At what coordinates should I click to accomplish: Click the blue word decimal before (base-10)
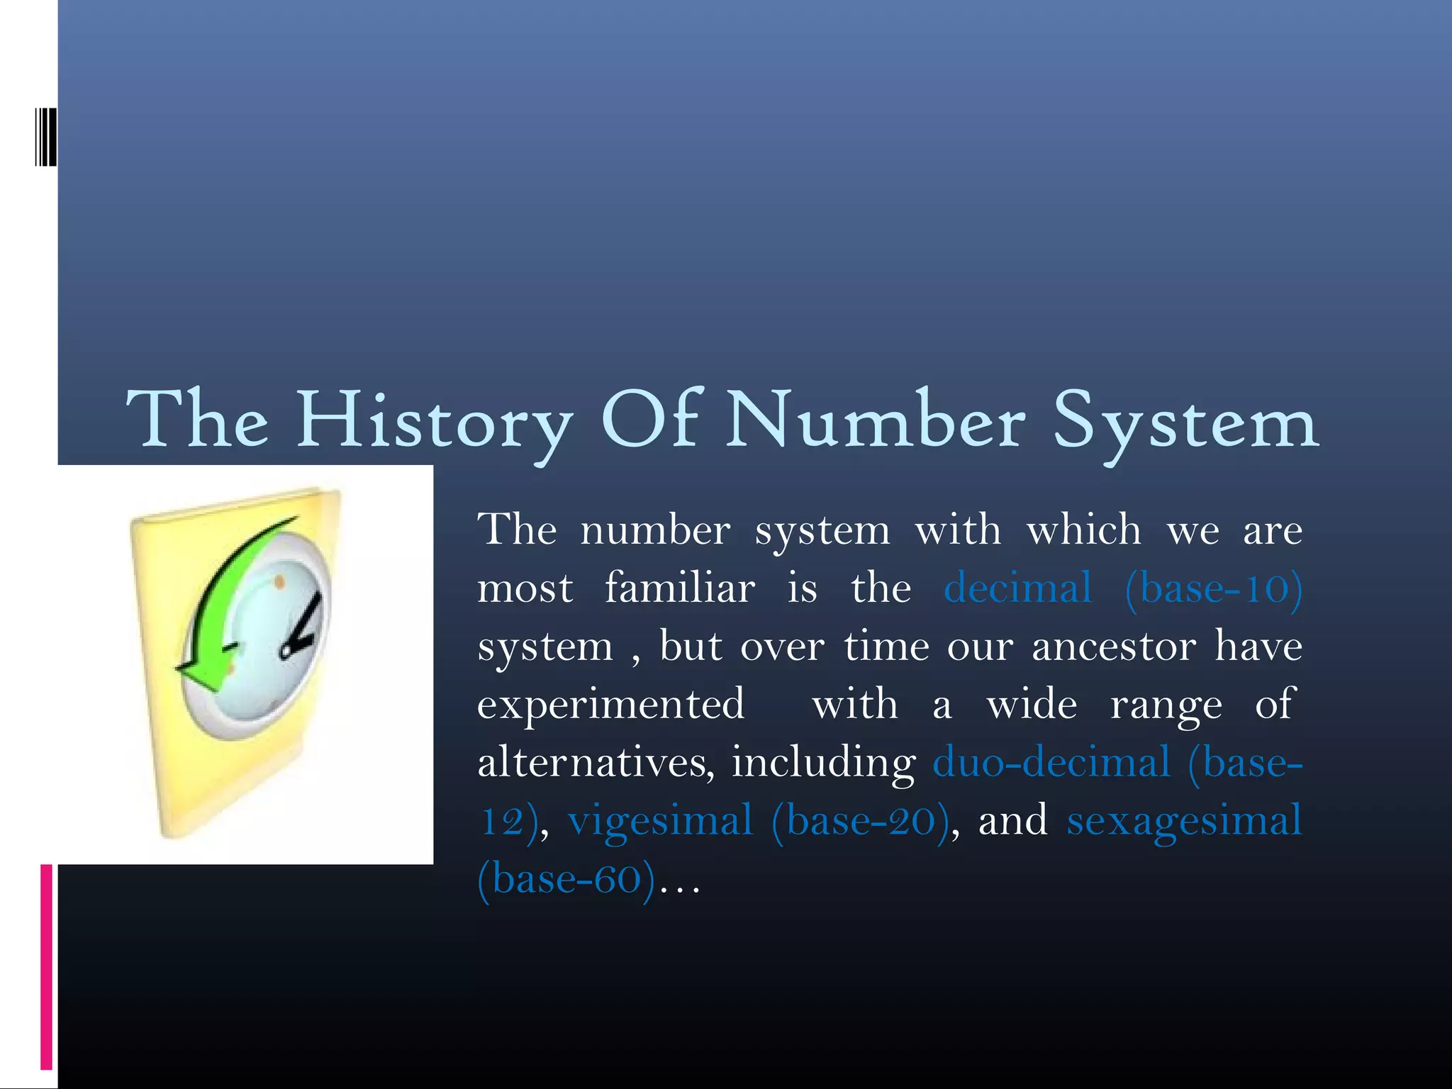point(1017,588)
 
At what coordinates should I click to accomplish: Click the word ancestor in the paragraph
point(1114,647)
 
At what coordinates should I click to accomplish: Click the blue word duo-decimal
point(1051,763)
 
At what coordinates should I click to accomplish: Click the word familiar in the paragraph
point(679,588)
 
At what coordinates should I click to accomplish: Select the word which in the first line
point(1084,530)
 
